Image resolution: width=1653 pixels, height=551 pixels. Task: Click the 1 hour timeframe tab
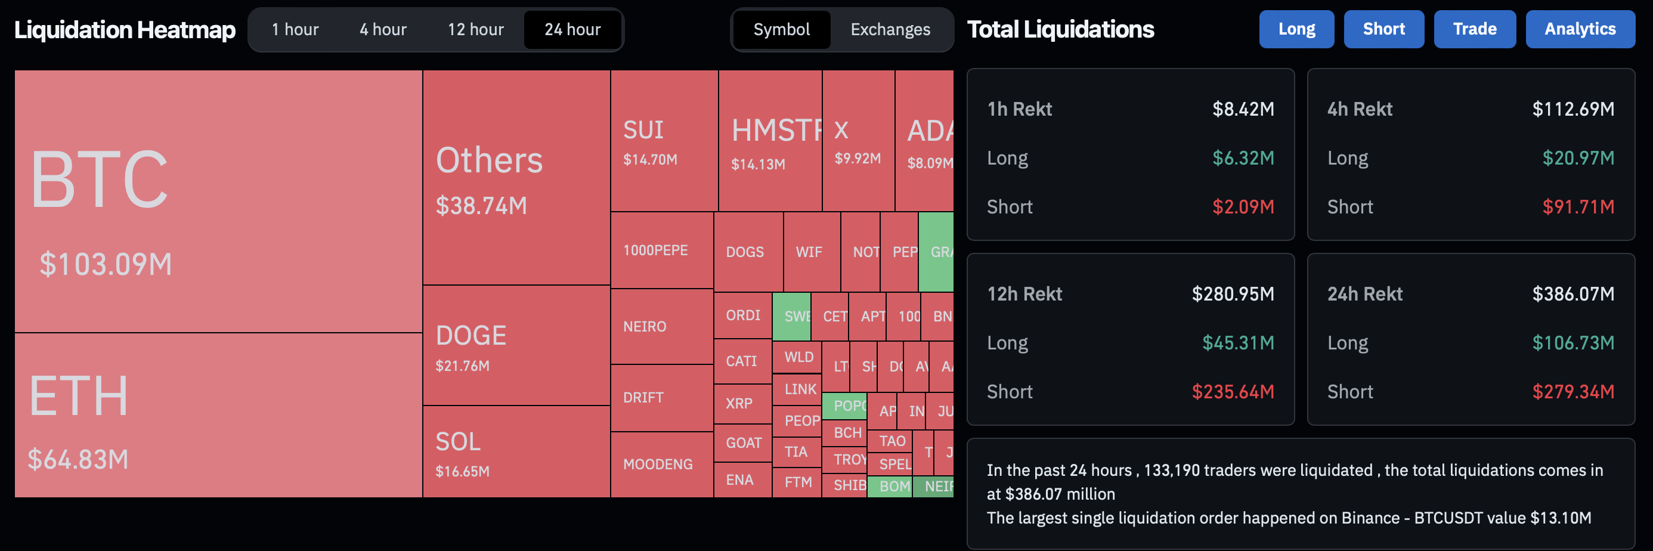coord(295,29)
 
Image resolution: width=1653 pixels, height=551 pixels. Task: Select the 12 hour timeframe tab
coord(475,29)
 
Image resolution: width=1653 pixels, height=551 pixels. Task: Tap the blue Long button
coord(1296,29)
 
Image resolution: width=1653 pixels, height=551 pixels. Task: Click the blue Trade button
coord(1474,29)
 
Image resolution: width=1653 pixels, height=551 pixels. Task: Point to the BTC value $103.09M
coord(106,264)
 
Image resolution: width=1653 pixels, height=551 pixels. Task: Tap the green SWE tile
coord(793,316)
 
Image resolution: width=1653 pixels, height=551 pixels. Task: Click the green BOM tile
coord(893,486)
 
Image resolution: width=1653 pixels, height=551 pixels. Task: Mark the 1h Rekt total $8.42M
coord(1242,109)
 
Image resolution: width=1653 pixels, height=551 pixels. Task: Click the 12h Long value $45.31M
coord(1237,342)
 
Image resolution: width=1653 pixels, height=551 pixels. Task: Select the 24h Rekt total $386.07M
coord(1572,294)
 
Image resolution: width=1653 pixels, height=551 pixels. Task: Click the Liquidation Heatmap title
coord(125,29)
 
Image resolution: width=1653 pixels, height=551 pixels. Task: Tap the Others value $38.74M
coord(481,206)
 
